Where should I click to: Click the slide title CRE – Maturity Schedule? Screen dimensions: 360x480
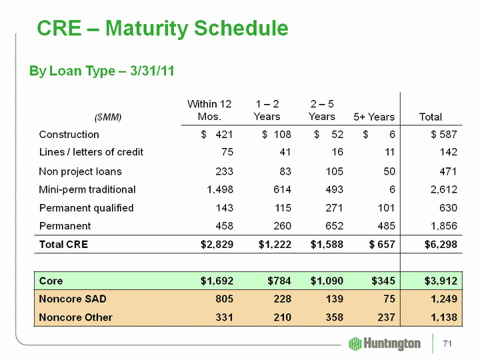point(163,29)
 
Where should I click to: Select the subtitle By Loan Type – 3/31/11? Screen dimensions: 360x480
point(101,71)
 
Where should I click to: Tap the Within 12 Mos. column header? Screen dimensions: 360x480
point(209,110)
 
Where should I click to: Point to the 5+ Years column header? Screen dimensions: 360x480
point(373,117)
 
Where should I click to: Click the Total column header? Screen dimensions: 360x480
point(430,117)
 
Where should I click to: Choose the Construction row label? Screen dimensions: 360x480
point(69,134)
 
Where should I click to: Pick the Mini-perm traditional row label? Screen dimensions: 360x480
point(87,189)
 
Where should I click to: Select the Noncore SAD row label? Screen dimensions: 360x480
point(75,299)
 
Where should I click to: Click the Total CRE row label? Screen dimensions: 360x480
point(63,244)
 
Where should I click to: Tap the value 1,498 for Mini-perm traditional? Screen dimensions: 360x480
point(217,189)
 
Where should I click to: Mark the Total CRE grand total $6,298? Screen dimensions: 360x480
point(441,244)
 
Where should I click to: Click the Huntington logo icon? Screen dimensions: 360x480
point(355,343)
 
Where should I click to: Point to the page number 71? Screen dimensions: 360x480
point(448,343)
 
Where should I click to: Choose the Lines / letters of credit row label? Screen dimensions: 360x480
point(91,152)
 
